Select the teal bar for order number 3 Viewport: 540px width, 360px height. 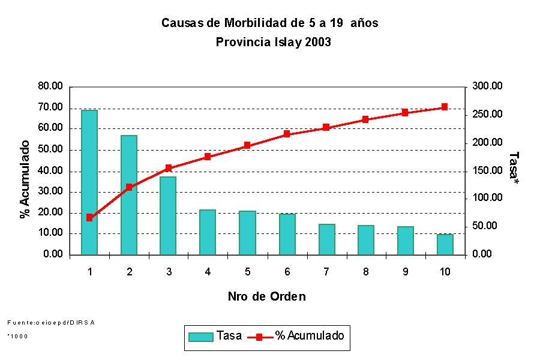tap(169, 216)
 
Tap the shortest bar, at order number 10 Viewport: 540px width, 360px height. tap(445, 244)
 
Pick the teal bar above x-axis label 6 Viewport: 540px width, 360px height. tap(287, 234)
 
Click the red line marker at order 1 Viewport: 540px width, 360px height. tap(89, 217)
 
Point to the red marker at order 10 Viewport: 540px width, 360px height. tap(445, 107)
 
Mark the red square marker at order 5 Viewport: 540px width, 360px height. tap(247, 145)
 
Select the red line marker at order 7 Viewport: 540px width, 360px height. tap(326, 127)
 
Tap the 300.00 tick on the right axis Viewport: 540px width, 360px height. tap(487, 86)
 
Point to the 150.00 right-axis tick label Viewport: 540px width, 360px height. tap(487, 171)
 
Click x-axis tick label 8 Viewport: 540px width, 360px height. tap(365, 272)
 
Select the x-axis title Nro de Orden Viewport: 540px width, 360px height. tap(267, 296)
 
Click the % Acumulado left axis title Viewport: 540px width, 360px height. tap(25, 179)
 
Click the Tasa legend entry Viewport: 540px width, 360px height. tap(215, 336)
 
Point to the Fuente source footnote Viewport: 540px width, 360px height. tap(51, 323)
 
